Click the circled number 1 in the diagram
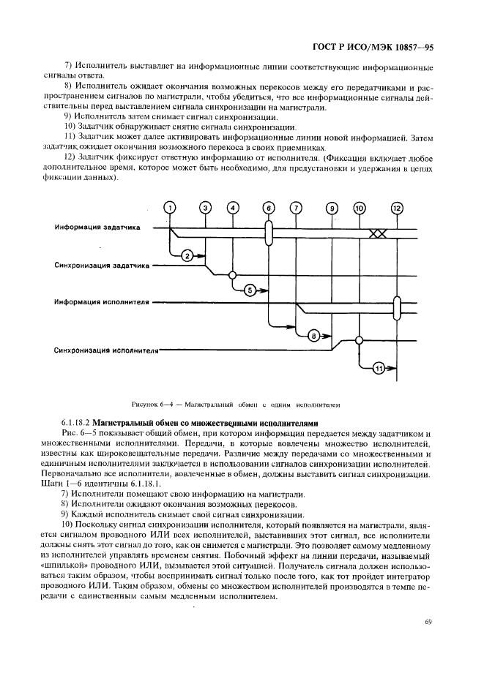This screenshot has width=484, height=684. (x=170, y=208)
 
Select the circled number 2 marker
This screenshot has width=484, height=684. (x=187, y=255)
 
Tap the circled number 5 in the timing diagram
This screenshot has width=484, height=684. (x=249, y=290)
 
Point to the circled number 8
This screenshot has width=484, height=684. (x=313, y=336)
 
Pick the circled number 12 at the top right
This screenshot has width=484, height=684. (x=397, y=208)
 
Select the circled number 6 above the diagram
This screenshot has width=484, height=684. (x=269, y=208)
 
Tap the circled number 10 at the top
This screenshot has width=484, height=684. (x=359, y=208)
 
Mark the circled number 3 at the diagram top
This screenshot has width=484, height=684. (x=206, y=208)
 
